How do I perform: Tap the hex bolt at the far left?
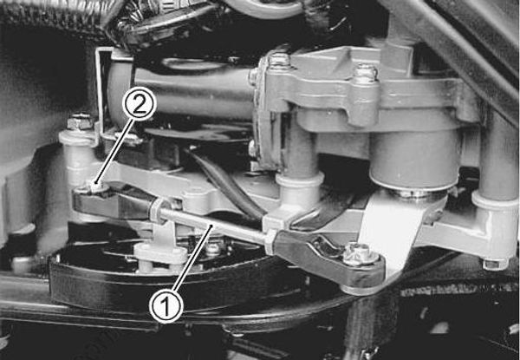80,121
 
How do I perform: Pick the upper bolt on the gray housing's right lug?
365,73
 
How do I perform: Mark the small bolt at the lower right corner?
491,263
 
